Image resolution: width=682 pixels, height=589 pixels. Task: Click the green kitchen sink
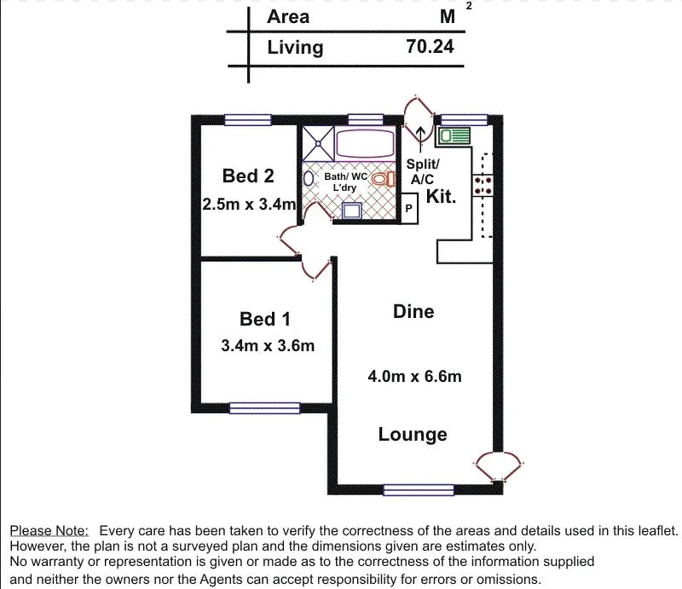coord(454,136)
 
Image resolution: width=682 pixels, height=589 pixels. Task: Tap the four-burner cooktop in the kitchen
coord(483,186)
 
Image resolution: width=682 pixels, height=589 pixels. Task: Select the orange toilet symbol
coord(387,178)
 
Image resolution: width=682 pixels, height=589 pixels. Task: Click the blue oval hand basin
coord(309,179)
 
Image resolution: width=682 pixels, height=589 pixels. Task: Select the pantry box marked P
coord(408,208)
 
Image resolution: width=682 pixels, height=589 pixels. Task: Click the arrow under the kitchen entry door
coord(419,134)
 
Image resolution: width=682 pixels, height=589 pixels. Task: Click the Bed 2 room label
coord(248,176)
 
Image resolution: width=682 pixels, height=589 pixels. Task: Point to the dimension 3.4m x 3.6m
coord(268,345)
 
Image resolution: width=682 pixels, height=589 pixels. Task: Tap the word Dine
coord(413,311)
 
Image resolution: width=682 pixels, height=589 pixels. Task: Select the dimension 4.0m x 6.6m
coord(415,375)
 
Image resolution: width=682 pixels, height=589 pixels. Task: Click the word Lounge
coord(413,435)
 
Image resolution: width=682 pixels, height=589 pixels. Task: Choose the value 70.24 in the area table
coord(431,47)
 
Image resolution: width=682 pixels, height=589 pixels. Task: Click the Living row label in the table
coord(295,47)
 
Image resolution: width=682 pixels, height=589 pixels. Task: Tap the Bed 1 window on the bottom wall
coord(264,408)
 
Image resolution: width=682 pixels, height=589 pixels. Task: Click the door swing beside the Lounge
coord(498,466)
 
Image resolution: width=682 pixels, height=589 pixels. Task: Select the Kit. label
coord(442,197)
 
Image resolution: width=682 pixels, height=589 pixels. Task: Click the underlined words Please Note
coord(49,530)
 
